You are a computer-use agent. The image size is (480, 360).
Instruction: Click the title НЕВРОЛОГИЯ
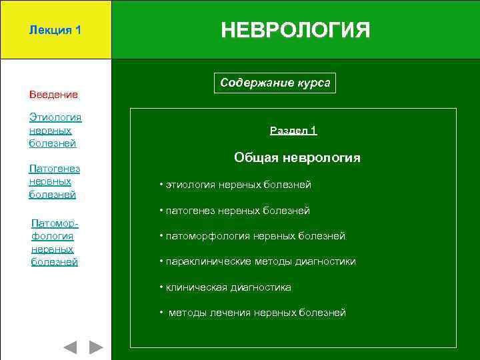click(295, 30)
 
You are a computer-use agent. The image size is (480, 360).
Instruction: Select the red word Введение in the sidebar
click(53, 95)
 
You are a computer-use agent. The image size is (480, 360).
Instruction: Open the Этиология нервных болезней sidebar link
click(55, 130)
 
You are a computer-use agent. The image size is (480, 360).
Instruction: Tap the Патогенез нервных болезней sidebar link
click(53, 181)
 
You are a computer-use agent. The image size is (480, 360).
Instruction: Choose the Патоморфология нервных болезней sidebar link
click(55, 242)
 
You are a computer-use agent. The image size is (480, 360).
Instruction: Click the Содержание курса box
click(275, 83)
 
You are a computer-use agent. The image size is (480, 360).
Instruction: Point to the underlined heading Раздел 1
click(293, 131)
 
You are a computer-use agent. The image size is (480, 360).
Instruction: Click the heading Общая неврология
click(297, 158)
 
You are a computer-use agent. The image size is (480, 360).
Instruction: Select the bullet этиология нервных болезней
click(235, 185)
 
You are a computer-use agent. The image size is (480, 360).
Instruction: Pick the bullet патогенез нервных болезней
click(235, 211)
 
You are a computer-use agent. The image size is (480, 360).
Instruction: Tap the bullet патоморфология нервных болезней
click(252, 236)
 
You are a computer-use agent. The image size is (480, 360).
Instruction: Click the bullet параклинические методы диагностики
click(257, 261)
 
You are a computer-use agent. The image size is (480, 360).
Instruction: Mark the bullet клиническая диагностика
click(225, 287)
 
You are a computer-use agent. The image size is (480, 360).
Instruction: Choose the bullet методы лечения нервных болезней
click(253, 313)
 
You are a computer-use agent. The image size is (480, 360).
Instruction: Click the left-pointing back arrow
click(70, 347)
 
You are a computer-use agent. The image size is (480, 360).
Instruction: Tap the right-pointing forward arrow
click(96, 347)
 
